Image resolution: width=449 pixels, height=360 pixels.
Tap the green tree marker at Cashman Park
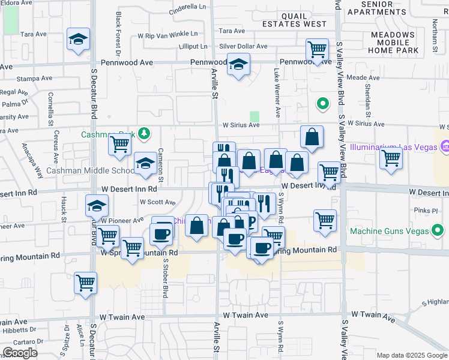[x=143, y=133]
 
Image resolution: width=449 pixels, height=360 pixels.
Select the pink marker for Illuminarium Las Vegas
[x=445, y=146]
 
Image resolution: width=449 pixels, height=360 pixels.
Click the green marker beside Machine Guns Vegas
[x=438, y=229]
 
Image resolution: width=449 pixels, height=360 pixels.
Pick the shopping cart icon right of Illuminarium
[x=391, y=158]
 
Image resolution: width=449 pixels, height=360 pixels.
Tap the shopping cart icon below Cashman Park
[x=120, y=144]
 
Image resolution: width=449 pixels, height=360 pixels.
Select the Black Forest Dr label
[x=118, y=33]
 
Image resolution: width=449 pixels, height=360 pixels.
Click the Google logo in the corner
[x=20, y=353]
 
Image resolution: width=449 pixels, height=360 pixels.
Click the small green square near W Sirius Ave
[x=255, y=116]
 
